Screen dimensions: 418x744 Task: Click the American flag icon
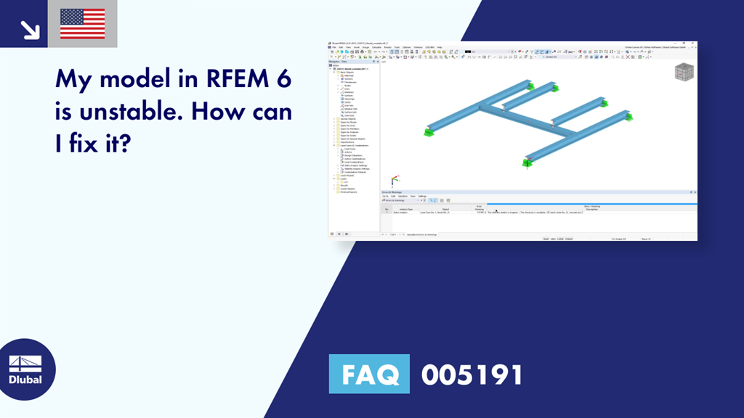(82, 24)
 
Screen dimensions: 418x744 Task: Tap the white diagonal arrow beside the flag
(30, 29)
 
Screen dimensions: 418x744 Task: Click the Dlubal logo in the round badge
(25, 369)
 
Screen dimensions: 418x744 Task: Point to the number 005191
(472, 374)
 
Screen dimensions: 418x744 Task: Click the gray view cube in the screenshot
(684, 72)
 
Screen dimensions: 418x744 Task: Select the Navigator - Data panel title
(339, 62)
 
